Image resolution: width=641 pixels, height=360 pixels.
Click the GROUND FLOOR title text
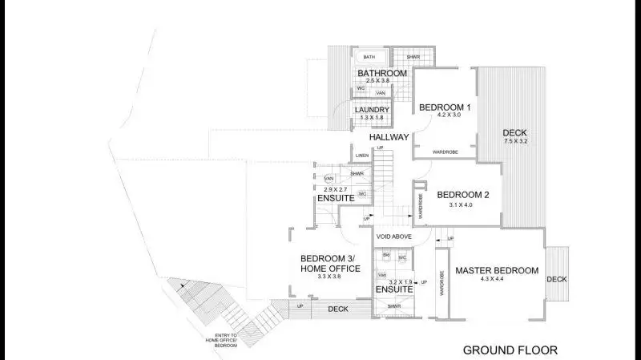(510, 350)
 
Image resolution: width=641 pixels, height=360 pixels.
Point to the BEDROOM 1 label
(445, 107)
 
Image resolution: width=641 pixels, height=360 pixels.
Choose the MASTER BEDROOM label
(497, 271)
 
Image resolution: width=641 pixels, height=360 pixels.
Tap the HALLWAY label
(389, 138)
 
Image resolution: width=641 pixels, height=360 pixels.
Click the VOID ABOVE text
(393, 237)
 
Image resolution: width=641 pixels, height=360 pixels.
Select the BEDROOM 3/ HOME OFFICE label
(330, 263)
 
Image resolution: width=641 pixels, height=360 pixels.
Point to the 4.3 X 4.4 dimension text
(497, 280)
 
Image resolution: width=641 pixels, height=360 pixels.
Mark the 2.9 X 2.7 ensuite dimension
(334, 188)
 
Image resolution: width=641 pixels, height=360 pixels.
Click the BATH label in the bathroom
(369, 57)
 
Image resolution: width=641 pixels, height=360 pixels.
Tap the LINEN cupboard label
(361, 156)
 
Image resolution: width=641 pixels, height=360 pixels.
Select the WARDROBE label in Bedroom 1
(445, 152)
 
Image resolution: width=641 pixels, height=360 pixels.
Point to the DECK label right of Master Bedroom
(556, 279)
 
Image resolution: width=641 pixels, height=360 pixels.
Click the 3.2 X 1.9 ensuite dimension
(400, 282)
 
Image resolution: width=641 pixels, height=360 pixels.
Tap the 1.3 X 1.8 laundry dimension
(372, 118)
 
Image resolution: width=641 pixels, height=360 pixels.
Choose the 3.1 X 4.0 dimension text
(462, 204)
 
